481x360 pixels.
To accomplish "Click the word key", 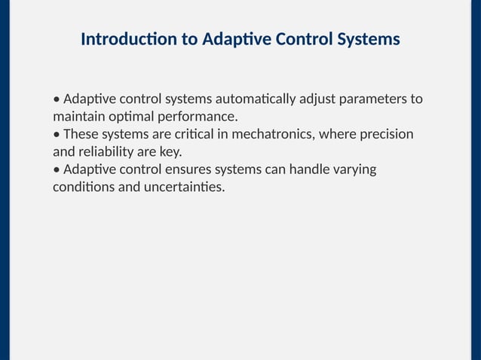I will pyautogui.click(x=172, y=151).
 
